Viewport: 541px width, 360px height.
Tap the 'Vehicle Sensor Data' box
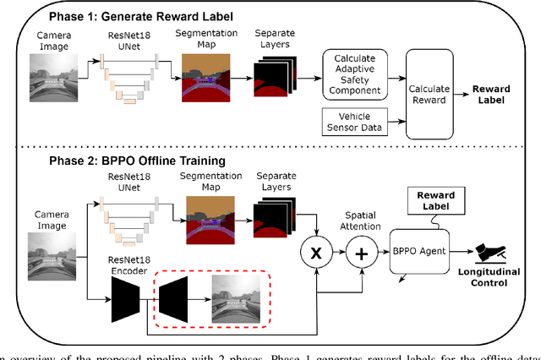[x=352, y=122]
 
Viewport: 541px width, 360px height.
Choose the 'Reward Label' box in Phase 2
[x=434, y=201]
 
